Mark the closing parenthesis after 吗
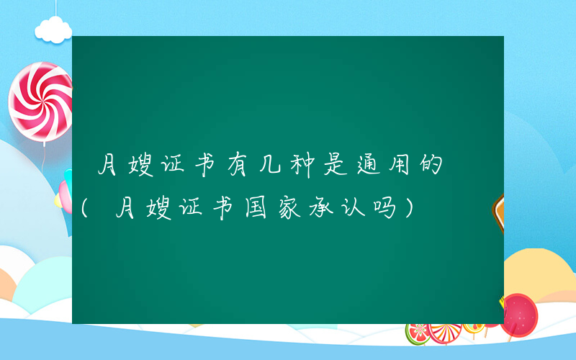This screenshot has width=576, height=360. (x=409, y=209)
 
